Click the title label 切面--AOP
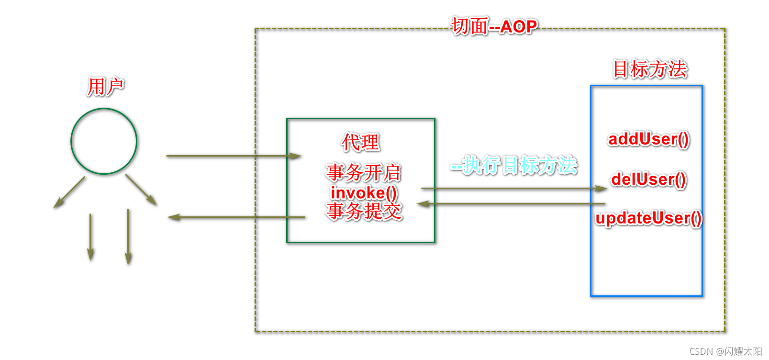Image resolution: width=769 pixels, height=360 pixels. tap(495, 26)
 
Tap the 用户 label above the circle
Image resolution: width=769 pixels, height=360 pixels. tap(105, 87)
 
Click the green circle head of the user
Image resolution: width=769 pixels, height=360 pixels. tap(104, 141)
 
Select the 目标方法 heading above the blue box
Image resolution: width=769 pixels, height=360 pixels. tap(650, 69)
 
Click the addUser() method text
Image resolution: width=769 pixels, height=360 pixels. tap(648, 139)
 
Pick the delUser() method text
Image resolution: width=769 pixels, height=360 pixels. tap(648, 179)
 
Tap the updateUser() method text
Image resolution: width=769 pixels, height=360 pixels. tap(648, 218)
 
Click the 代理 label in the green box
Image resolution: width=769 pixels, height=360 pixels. tap(360, 142)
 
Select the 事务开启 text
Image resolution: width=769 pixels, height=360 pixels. tap(363, 172)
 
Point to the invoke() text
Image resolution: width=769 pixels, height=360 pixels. tap(364, 192)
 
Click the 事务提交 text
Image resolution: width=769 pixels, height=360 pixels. tap(364, 211)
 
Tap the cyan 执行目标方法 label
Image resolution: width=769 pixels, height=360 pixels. tap(514, 166)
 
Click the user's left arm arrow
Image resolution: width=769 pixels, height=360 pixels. tap(69, 192)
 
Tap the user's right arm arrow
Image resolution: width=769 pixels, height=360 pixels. tap(141, 190)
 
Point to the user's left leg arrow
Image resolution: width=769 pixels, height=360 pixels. tap(90, 237)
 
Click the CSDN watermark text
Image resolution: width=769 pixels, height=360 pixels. tap(725, 351)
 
